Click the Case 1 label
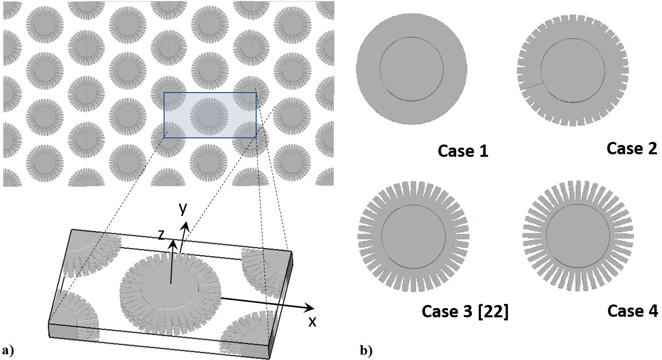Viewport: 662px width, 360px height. (x=462, y=151)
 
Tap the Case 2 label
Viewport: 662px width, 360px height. (x=632, y=149)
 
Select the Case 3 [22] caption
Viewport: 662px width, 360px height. (x=465, y=312)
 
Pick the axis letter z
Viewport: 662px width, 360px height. (x=162, y=235)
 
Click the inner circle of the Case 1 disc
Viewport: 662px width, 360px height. (x=411, y=69)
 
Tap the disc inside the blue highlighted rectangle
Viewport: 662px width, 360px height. (x=210, y=115)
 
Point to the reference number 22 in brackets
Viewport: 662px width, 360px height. (x=495, y=312)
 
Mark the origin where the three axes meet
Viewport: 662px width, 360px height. (x=171, y=283)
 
